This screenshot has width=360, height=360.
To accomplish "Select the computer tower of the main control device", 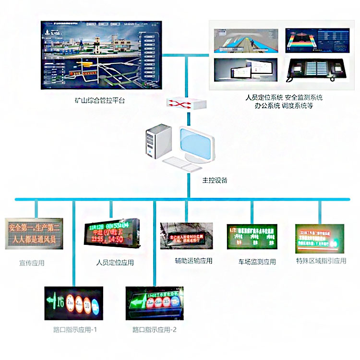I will pyautogui.click(x=158, y=141).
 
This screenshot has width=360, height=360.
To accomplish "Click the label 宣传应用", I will pyautogui.click(x=32, y=262).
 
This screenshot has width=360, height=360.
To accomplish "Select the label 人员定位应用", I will pyautogui.click(x=115, y=263).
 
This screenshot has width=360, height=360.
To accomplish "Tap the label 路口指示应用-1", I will pyautogui.click(x=75, y=330).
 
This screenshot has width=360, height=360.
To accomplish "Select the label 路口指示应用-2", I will pyautogui.click(x=155, y=330).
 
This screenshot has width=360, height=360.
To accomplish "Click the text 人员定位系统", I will pyautogui.click(x=264, y=97).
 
